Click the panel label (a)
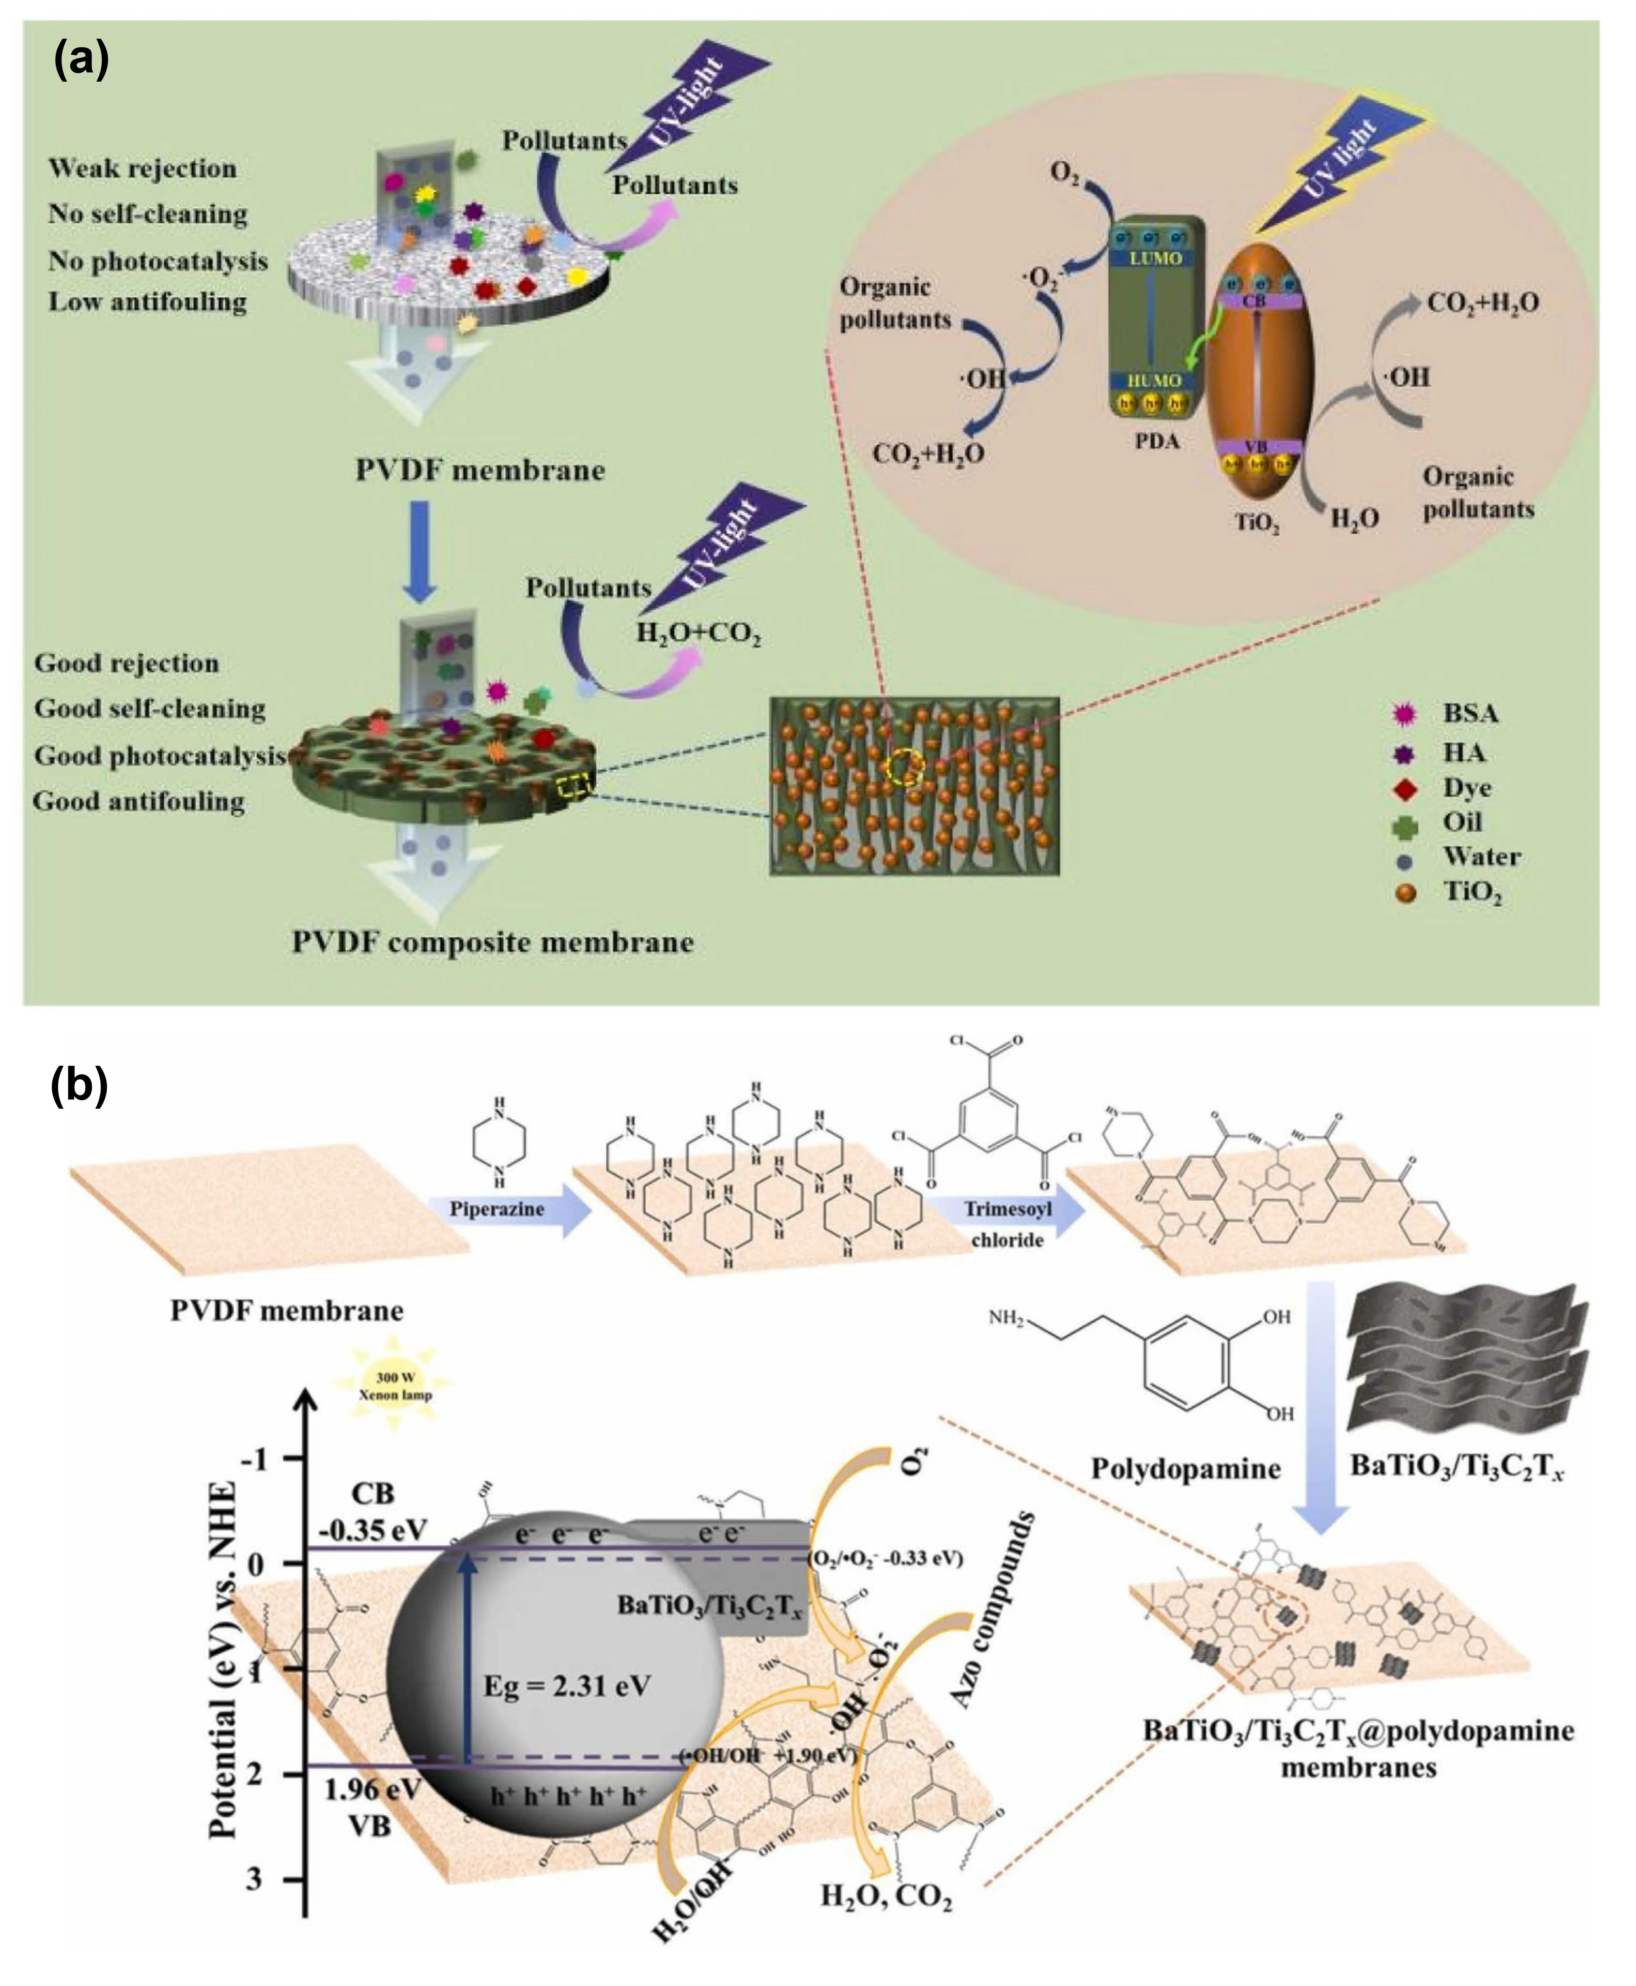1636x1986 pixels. click(81, 60)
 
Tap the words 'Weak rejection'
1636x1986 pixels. click(142, 169)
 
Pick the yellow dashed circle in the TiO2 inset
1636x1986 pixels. click(906, 768)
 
